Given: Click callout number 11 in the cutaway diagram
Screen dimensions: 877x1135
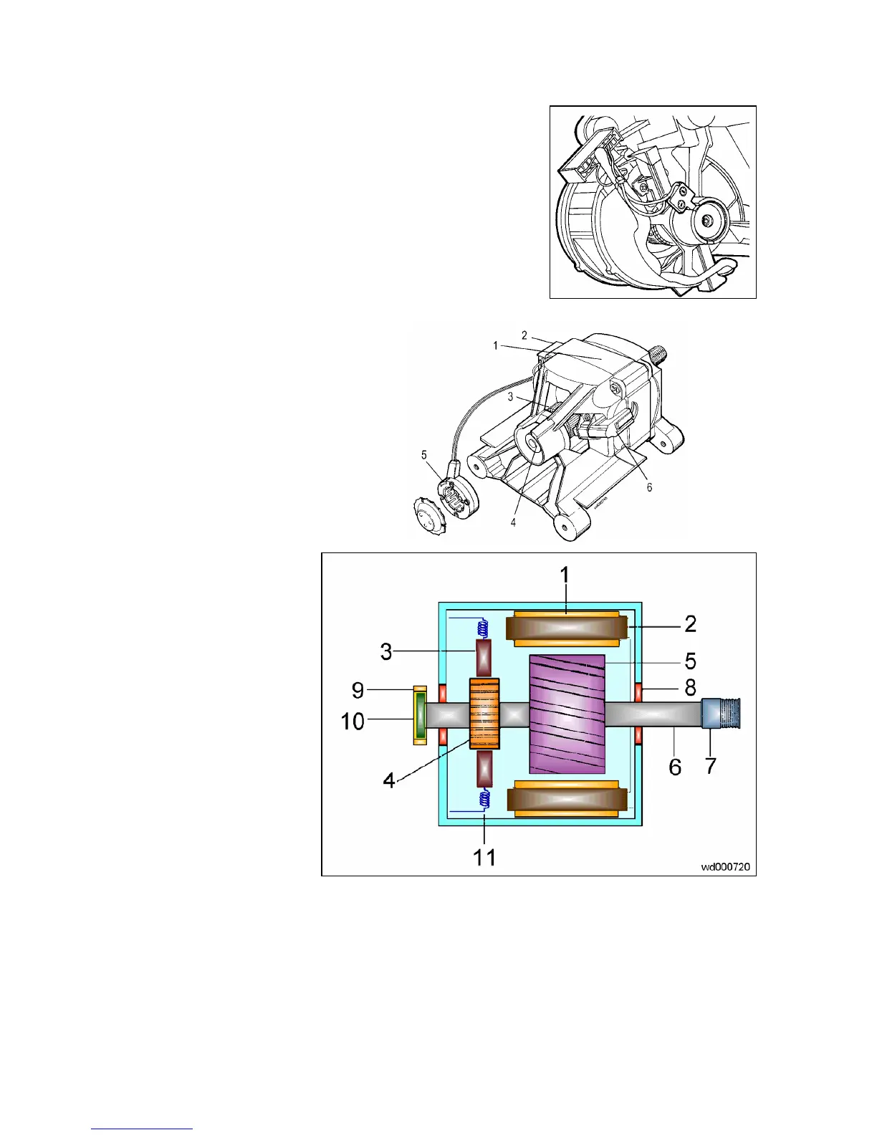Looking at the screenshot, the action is pos(484,857).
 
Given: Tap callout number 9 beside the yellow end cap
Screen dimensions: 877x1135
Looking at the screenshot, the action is pos(358,690).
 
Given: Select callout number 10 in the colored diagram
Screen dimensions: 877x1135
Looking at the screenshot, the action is pos(353,721).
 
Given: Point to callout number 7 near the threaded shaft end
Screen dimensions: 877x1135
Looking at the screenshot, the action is pos(710,766).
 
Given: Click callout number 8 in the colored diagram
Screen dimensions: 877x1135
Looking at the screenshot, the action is pos(690,687).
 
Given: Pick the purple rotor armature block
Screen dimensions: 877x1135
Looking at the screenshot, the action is pos(567,714).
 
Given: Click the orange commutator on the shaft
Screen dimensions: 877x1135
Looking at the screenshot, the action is pos(484,714).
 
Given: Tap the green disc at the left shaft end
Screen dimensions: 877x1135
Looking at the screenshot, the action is pos(420,715).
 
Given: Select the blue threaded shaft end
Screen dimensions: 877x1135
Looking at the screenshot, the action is pos(720,714).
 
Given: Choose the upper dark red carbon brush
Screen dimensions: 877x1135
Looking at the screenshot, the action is pos(484,659).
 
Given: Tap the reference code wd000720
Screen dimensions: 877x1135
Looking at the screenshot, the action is pos(725,866).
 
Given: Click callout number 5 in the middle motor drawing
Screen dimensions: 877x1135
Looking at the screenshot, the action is pos(424,455).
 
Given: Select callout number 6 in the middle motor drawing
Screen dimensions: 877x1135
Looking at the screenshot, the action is pos(649,487).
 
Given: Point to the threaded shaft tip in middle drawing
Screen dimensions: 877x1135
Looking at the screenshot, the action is pos(660,354).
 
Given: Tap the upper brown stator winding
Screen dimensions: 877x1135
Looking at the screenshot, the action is pos(566,629).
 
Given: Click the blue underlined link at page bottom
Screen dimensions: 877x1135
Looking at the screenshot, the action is pos(142,1129).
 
